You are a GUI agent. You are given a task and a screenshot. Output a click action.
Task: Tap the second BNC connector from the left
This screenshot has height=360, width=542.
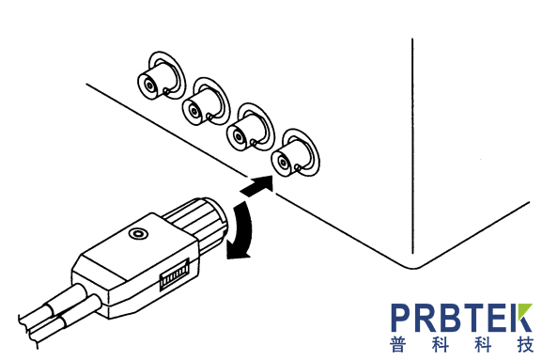point(206,102)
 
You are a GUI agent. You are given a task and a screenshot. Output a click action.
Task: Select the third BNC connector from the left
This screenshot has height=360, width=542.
point(250,128)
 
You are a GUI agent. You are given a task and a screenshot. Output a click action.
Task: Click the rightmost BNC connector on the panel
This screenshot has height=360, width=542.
point(295,153)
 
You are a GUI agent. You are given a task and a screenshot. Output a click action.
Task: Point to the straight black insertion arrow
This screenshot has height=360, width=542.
point(257,186)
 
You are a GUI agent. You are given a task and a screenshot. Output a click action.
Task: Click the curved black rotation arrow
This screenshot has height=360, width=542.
point(242,230)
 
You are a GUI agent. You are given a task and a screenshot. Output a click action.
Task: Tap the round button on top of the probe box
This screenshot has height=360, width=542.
point(138,233)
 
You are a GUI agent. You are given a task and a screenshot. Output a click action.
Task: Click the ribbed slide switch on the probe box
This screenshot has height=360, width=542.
point(175,274)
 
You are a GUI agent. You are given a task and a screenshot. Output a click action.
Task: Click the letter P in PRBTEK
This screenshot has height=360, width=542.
point(401,318)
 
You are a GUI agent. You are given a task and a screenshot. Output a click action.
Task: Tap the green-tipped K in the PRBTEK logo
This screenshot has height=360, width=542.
point(521,318)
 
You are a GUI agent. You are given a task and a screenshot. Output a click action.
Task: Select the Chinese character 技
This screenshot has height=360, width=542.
point(525,344)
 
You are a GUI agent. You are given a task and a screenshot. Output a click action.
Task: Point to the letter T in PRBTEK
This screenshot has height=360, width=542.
point(474,318)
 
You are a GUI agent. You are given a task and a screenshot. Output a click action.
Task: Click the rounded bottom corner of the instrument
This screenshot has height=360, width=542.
point(412,266)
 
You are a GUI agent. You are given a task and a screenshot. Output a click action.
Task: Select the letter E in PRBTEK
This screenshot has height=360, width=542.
point(498,318)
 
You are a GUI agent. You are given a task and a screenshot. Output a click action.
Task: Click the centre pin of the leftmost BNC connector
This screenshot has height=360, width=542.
point(149,85)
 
